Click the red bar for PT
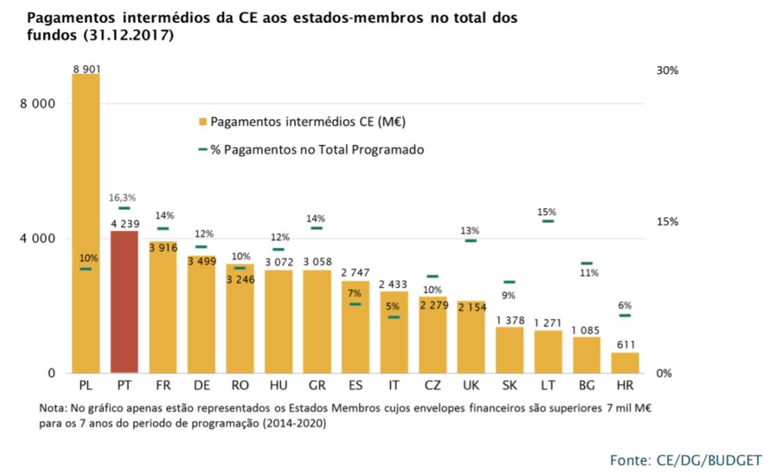pos(124,302)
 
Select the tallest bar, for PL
pos(86,223)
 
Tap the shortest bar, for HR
pos(625,363)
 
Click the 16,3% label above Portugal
pos(124,198)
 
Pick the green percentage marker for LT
pos(548,221)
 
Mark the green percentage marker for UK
pos(471,241)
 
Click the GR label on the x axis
pos(316,384)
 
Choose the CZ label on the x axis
pos(433,384)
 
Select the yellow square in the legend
pos(203,122)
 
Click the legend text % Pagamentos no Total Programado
pos(317,149)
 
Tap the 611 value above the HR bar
pos(625,344)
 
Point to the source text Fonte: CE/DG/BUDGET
pos(686,459)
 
